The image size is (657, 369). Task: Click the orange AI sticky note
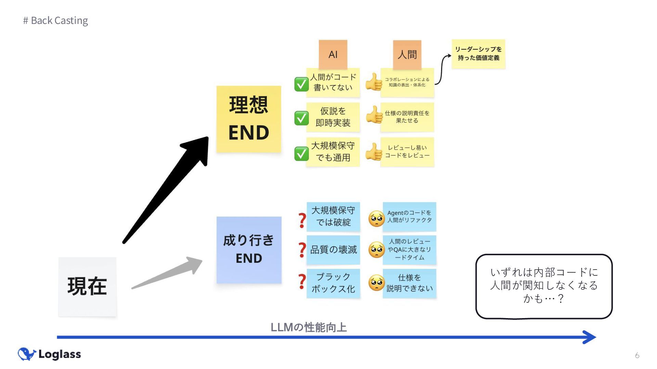tap(333, 54)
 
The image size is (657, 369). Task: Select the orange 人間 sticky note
tap(407, 54)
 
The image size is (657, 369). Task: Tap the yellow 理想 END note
tap(249, 119)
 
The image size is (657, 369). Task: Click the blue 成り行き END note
tap(249, 250)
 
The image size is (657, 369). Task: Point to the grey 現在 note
tap(87, 286)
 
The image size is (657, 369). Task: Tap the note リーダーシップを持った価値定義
tap(478, 54)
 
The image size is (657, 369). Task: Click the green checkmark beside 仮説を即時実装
tap(301, 118)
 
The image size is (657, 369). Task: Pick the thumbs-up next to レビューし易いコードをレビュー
tap(374, 152)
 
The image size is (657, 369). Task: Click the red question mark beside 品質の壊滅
tap(302, 250)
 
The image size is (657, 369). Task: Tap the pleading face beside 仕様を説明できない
tap(376, 283)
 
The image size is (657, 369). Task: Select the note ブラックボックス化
tap(333, 283)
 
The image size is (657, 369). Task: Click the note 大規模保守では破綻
tap(333, 216)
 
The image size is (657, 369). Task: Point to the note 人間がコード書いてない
tap(333, 82)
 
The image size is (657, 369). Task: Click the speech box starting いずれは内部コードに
tap(544, 286)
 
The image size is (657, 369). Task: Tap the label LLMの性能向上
tap(309, 327)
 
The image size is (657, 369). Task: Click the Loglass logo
tap(50, 354)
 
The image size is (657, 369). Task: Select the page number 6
tap(637, 355)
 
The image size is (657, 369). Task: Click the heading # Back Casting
tap(55, 20)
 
